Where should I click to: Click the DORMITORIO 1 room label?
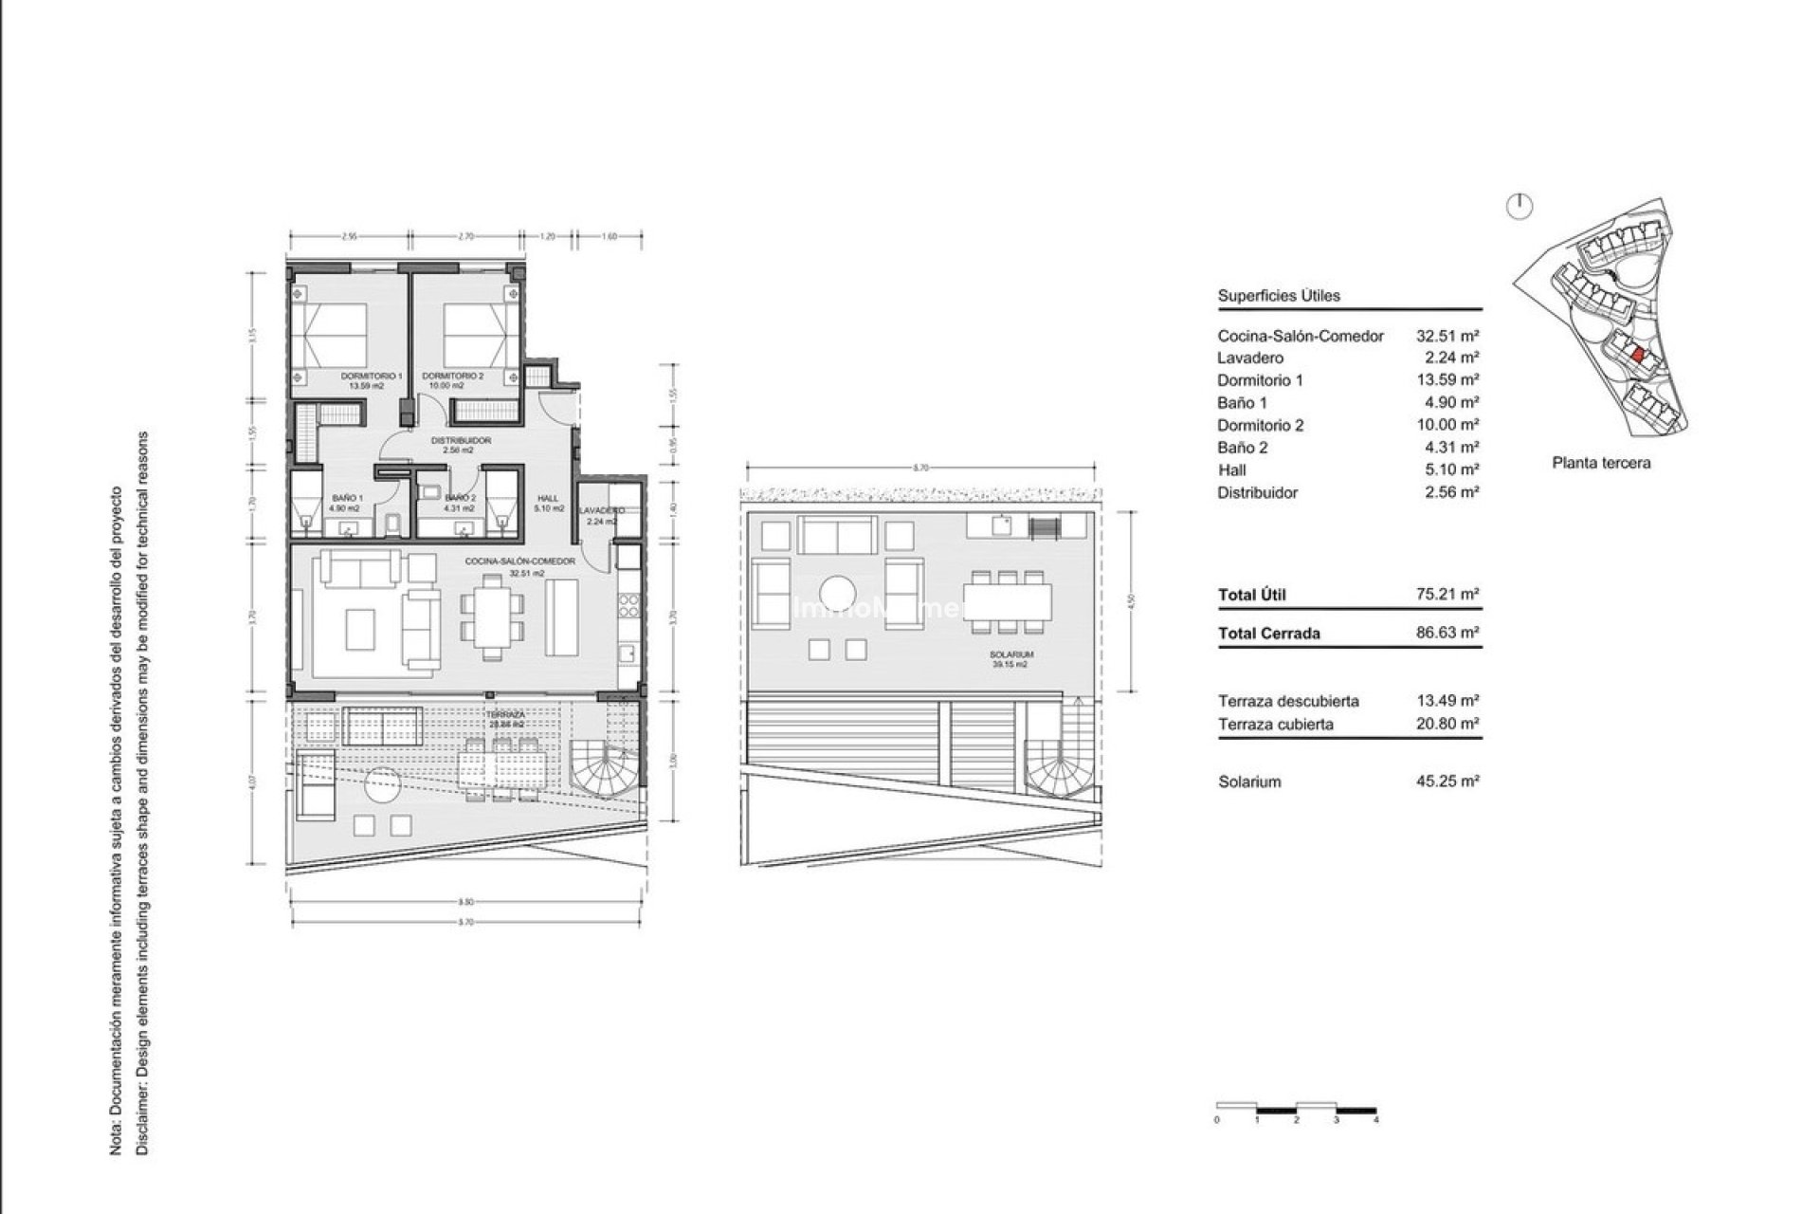click(x=372, y=377)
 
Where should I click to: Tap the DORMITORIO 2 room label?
click(x=453, y=377)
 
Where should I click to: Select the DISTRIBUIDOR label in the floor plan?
click(x=460, y=440)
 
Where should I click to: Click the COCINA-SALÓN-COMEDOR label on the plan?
click(x=519, y=561)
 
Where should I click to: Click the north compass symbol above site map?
click(x=1520, y=208)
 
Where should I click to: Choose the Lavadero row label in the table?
click(x=1250, y=358)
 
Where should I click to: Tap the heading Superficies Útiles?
click(x=1279, y=296)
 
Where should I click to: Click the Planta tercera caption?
click(x=1601, y=463)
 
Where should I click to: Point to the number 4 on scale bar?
click(x=1375, y=1120)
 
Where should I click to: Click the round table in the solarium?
click(x=840, y=595)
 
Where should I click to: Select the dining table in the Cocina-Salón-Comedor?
click(x=491, y=616)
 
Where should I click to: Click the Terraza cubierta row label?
click(x=1275, y=724)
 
